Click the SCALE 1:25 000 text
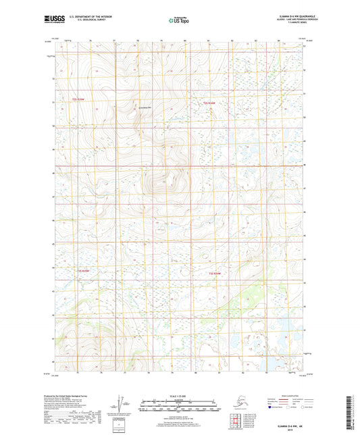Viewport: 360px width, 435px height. pyautogui.click(x=179, y=389)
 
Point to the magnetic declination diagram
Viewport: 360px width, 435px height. pyautogui.click(x=120, y=401)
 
